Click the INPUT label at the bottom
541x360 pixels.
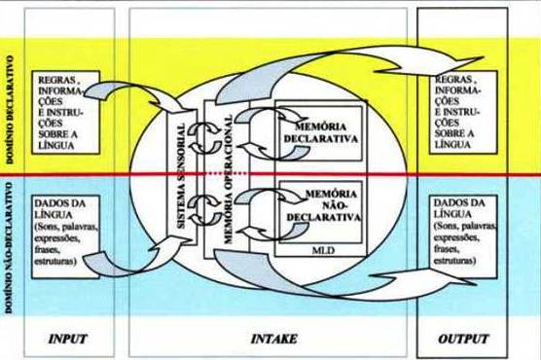click(67, 342)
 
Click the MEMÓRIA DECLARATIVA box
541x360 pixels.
click(319, 133)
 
